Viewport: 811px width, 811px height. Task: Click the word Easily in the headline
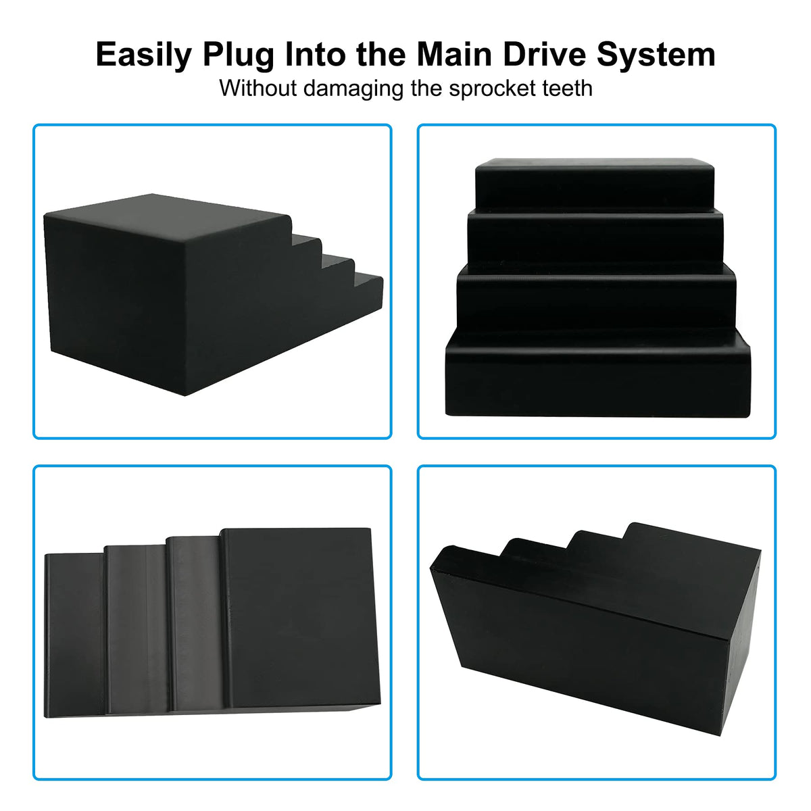click(144, 55)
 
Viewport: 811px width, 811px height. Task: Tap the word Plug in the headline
click(238, 55)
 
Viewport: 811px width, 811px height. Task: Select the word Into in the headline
click(314, 55)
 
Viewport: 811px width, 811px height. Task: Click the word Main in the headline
click(454, 55)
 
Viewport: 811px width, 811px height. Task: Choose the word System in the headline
click(656, 55)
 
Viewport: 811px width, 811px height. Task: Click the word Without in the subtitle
click(258, 89)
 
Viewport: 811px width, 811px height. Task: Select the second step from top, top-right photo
click(595, 239)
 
